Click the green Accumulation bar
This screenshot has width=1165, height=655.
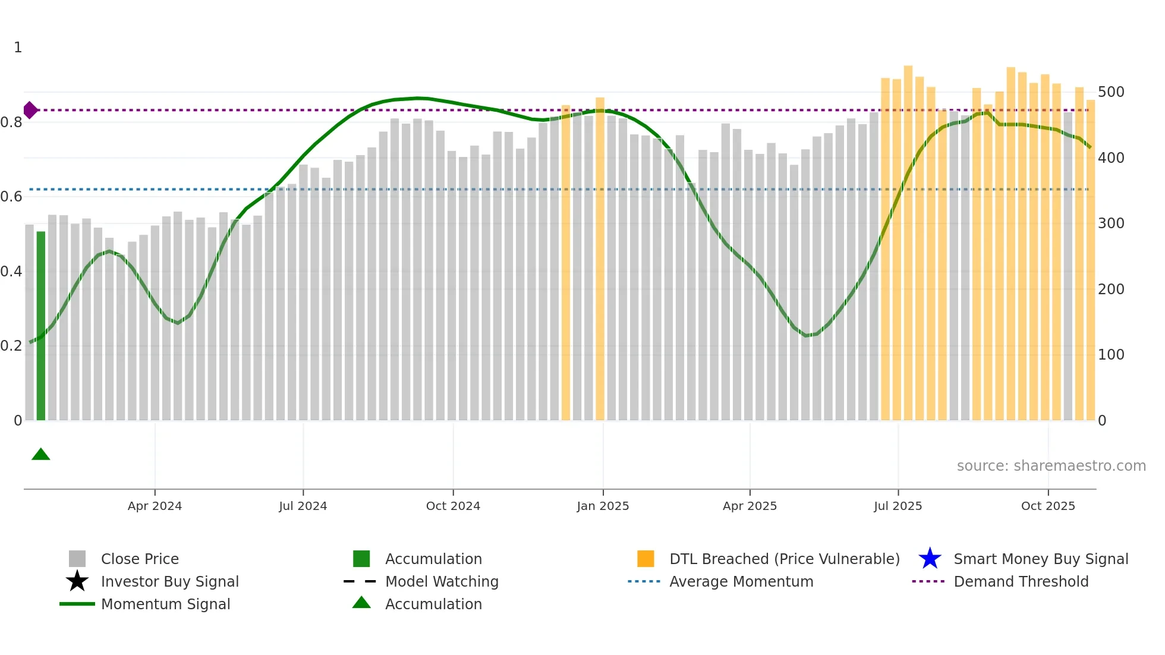pyautogui.click(x=41, y=326)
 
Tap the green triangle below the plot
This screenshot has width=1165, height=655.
pyautogui.click(x=41, y=455)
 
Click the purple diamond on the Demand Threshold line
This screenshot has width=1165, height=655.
pyautogui.click(x=30, y=110)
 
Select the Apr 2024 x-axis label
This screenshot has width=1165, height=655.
pyautogui.click(x=155, y=506)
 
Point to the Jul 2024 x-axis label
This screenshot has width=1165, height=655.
pyautogui.click(x=303, y=506)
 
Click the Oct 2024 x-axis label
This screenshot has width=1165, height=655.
pyautogui.click(x=453, y=506)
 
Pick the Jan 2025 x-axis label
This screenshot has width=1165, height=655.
pyautogui.click(x=603, y=506)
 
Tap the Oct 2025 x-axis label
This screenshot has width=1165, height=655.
pyautogui.click(x=1048, y=506)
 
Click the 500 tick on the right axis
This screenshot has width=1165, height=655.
pyautogui.click(x=1111, y=92)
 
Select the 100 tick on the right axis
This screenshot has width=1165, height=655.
pyautogui.click(x=1111, y=355)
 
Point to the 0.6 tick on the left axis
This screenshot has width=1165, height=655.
pyautogui.click(x=11, y=197)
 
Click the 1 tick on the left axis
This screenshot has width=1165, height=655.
pyautogui.click(x=18, y=48)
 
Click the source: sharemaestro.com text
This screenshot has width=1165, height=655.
pyautogui.click(x=1051, y=466)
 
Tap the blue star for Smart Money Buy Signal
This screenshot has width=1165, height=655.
pyautogui.click(x=930, y=559)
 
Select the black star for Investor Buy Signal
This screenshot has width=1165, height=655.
pyautogui.click(x=77, y=581)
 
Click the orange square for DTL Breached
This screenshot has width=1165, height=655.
pyautogui.click(x=646, y=559)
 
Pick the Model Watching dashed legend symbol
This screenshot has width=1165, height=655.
pyautogui.click(x=360, y=581)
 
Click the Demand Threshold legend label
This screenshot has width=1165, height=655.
pyautogui.click(x=1021, y=581)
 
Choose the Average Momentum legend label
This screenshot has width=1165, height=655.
pyautogui.click(x=741, y=581)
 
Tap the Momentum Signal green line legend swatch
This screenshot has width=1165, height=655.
pyautogui.click(x=77, y=604)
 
